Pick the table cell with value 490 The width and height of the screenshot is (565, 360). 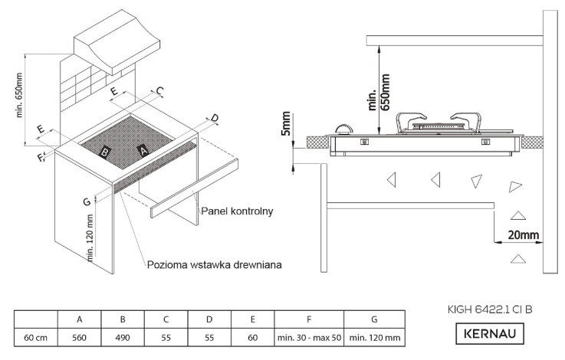point(122,336)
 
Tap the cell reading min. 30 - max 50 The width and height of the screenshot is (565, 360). point(307,336)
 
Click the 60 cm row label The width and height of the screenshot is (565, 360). point(36,336)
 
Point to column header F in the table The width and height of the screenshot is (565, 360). point(307,318)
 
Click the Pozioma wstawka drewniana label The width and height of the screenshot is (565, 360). point(215,264)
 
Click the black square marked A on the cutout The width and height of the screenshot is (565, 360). point(141,150)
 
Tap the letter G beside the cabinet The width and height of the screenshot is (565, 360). point(87,201)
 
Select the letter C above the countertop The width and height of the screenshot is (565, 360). point(160,91)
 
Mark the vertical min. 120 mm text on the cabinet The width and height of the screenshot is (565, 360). point(90,238)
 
